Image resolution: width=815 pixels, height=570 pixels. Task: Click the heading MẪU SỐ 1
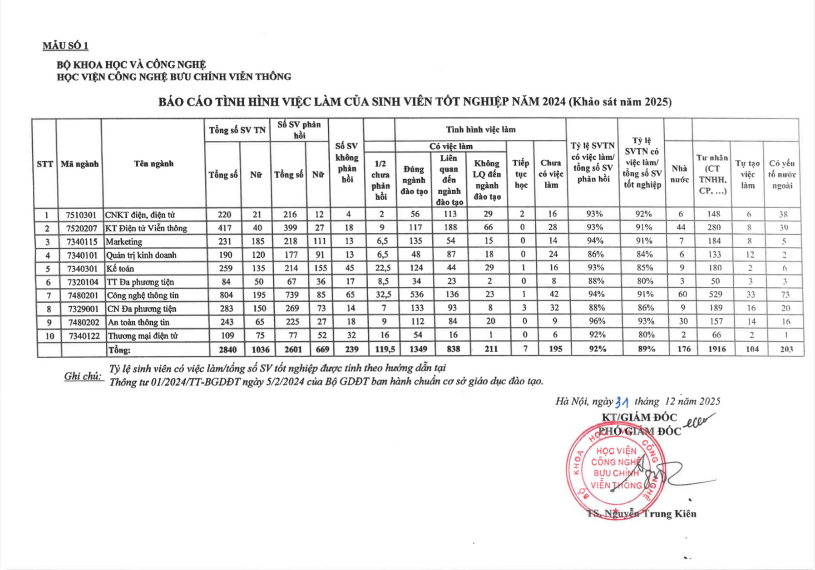[65, 46]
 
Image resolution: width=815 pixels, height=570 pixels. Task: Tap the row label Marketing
[124, 241]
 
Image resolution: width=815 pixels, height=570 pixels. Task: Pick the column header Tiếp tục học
[521, 174]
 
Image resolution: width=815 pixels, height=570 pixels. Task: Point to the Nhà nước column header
[679, 174]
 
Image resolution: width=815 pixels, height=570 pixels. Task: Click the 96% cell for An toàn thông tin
[597, 321]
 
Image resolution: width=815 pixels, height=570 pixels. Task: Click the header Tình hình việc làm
[480, 130]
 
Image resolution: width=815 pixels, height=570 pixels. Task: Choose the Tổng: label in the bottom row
[119, 350]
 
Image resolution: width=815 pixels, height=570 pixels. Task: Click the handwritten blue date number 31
[621, 402]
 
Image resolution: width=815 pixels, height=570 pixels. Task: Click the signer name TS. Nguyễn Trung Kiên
[641, 514]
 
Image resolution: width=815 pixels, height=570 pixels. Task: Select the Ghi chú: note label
[84, 376]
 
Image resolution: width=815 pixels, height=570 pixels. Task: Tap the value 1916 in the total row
[716, 349]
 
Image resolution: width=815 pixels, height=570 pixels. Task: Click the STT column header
[44, 164]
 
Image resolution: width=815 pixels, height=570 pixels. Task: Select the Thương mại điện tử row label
[143, 336]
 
